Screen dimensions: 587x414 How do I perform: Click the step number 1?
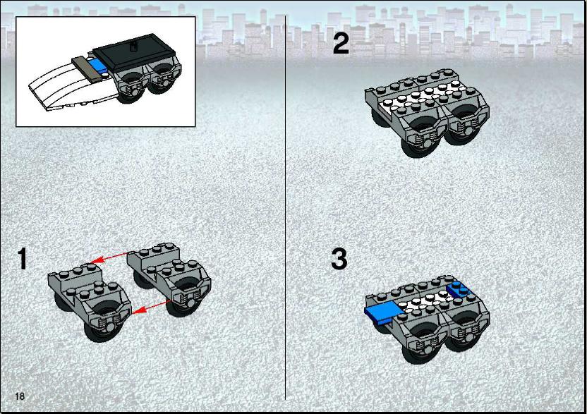tap(23, 258)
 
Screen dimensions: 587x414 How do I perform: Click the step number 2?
tap(341, 44)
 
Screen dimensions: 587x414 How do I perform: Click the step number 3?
tap(339, 259)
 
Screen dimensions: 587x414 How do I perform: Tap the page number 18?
tap(20, 396)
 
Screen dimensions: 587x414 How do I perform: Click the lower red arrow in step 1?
tap(152, 306)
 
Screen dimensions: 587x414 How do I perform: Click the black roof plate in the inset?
tap(134, 53)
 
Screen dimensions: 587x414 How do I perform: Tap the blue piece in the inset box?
tap(99, 66)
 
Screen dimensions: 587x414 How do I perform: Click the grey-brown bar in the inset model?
tap(87, 68)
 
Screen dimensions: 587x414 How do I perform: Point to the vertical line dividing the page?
tap(286, 208)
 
